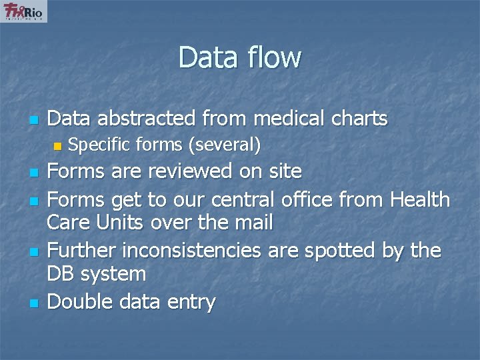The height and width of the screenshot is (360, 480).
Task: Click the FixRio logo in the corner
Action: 25,12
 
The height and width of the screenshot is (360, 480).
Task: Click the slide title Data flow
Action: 239,57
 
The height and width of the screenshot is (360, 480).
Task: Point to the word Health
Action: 421,199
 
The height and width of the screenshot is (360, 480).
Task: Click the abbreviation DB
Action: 63,274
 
